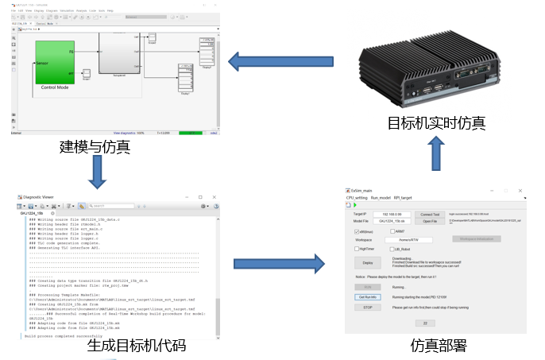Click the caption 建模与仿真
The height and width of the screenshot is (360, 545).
click(95, 147)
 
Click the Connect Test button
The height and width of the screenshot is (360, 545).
click(430, 215)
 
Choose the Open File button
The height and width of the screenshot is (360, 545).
click(430, 222)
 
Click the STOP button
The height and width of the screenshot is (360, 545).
click(367, 307)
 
